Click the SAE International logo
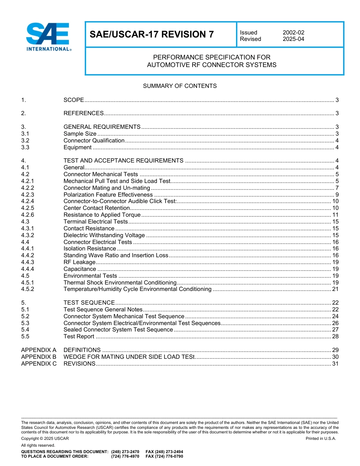click(48, 37)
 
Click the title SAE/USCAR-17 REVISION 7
click(152, 34)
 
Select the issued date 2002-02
click(293, 33)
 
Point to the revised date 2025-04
click(293, 39)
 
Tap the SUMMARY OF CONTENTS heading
click(180, 86)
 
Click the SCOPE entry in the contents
click(74, 100)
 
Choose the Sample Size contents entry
click(80, 134)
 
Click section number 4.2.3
click(28, 195)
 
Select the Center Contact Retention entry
click(97, 208)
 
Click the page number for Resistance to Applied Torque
click(335, 215)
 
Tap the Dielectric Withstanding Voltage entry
click(104, 235)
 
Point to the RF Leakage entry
click(79, 262)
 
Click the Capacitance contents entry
click(80, 269)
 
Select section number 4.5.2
click(28, 289)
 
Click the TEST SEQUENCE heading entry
click(89, 303)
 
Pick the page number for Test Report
click(335, 336)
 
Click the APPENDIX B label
click(39, 357)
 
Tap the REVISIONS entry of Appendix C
click(80, 364)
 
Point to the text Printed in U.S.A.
click(321, 438)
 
